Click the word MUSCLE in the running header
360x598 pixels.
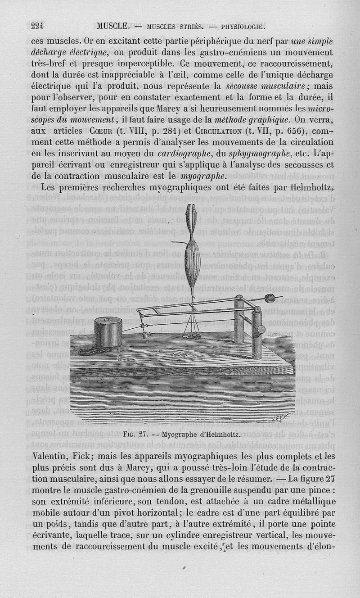[113, 26]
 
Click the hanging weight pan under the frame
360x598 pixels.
[192, 335]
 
